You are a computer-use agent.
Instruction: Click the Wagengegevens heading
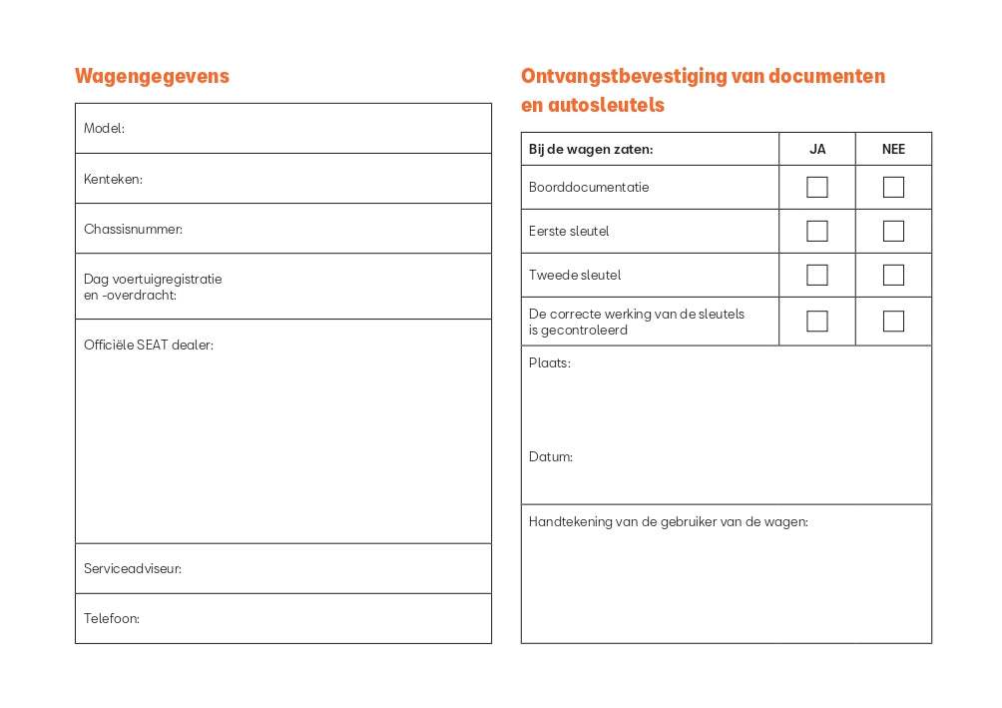[152, 76]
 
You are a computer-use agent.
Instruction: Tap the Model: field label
[104, 129]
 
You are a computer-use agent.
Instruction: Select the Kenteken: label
[113, 180]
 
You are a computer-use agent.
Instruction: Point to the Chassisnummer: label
[133, 230]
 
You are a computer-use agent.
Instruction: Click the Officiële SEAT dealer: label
[148, 346]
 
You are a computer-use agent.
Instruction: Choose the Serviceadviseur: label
[132, 569]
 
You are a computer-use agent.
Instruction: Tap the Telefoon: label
[111, 619]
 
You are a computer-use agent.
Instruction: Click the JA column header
[817, 150]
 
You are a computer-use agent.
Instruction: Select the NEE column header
[893, 150]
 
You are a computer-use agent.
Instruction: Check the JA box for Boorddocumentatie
[817, 188]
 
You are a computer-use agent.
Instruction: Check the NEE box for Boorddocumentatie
[893, 188]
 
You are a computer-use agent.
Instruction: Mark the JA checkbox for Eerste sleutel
[817, 232]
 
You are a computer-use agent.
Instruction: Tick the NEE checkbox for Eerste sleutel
[893, 232]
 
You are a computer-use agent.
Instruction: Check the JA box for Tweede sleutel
[817, 276]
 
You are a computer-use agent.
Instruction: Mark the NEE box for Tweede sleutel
[893, 276]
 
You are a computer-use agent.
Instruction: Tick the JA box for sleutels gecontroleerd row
[817, 322]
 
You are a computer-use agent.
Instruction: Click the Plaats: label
[550, 363]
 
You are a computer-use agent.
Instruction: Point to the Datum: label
[551, 457]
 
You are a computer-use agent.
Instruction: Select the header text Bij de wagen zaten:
[591, 150]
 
